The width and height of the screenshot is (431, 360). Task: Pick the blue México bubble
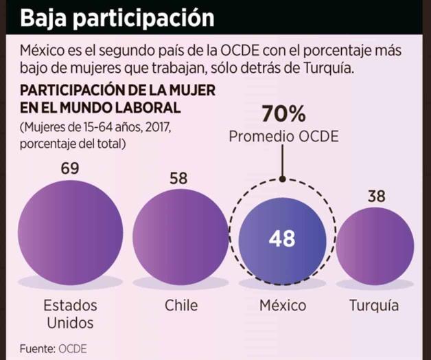(x=282, y=238)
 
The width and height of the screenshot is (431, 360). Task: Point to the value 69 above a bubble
(x=70, y=168)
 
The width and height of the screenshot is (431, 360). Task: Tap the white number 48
(x=282, y=238)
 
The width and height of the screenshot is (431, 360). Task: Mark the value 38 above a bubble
(x=375, y=196)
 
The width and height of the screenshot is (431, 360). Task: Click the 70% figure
(x=283, y=114)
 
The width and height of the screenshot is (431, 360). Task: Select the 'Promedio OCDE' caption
(x=283, y=137)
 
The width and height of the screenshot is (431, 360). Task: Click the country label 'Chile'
(x=180, y=304)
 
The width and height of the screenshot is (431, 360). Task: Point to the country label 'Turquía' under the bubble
(x=374, y=304)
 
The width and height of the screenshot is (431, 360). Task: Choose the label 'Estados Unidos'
(x=70, y=313)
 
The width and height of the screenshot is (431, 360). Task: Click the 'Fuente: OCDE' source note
(x=54, y=347)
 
